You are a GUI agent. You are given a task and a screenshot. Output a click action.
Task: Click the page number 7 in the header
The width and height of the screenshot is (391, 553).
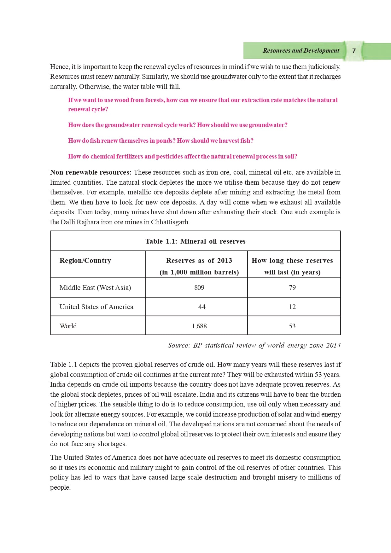[x=354, y=51]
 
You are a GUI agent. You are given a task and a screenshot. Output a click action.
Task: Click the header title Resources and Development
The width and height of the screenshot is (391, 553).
[x=301, y=50]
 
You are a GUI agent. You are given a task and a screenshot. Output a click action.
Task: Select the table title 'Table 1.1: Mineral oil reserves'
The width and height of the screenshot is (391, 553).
[x=195, y=241]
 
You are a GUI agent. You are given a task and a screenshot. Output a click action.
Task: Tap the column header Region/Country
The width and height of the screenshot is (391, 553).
[x=85, y=261]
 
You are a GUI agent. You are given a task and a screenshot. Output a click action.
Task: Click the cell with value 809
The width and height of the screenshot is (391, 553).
[x=199, y=288]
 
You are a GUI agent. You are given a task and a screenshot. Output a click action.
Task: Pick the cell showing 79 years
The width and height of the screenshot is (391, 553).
[x=292, y=288]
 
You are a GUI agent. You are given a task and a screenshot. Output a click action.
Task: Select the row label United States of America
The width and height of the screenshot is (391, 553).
[x=96, y=307]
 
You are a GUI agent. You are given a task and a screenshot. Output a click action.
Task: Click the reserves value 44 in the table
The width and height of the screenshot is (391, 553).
[x=202, y=307]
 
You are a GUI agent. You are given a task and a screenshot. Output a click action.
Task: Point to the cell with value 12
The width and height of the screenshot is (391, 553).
[x=292, y=307]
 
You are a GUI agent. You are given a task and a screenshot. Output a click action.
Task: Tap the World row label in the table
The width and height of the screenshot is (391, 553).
[x=68, y=326]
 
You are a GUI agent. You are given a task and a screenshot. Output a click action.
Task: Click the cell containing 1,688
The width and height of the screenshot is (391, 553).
[x=199, y=326]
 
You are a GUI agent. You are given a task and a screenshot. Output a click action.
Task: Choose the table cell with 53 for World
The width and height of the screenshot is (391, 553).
[x=292, y=326]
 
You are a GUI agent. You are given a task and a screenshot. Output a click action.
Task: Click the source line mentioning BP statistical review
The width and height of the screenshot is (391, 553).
[x=254, y=345]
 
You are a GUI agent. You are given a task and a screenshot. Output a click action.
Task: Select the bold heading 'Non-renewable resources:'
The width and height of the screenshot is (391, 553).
[x=90, y=172]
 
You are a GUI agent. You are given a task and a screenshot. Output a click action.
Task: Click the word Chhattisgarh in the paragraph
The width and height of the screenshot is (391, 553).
[x=170, y=222]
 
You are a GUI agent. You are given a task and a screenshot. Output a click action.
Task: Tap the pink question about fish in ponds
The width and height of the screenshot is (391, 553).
[x=160, y=141]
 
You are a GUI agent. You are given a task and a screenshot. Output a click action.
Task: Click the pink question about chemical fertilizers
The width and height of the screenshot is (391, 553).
[x=183, y=157]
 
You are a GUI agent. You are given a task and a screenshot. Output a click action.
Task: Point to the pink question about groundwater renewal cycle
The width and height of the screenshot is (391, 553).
[x=178, y=125]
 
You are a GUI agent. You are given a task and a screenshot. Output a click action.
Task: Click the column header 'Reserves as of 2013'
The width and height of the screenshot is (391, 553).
[x=199, y=261]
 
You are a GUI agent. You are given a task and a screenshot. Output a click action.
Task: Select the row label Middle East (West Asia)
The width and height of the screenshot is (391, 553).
[x=95, y=288]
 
